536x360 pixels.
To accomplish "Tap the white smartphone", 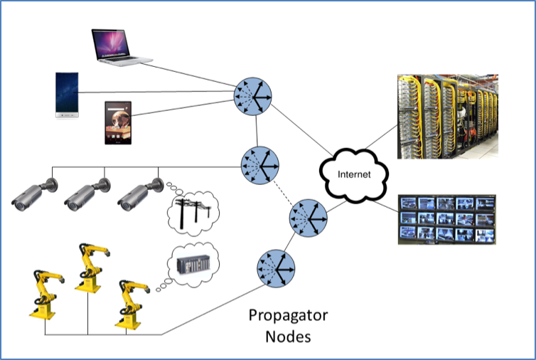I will click(x=68, y=93).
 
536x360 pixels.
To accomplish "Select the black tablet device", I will click(x=118, y=122).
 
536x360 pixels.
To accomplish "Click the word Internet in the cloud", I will click(x=353, y=174).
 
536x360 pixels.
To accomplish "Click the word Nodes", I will click(x=287, y=336).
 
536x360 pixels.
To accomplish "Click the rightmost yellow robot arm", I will click(x=131, y=302).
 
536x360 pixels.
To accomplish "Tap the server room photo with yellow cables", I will click(x=446, y=117).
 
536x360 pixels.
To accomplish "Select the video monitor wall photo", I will click(x=446, y=219).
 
